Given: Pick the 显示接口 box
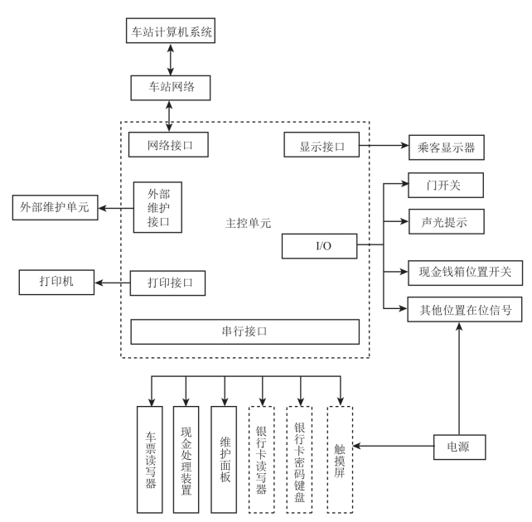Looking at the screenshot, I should point(321,145).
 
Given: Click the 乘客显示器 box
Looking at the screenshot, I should point(445,148).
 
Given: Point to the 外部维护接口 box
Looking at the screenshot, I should point(157,206).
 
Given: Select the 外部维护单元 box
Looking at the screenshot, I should point(55,206).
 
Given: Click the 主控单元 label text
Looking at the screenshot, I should point(248,223).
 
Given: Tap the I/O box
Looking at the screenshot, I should point(320,245).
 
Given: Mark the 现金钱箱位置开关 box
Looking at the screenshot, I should point(465,271).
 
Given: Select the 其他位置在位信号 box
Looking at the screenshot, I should point(465,311).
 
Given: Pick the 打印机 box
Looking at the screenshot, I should point(57,282).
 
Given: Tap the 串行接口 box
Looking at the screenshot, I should point(244,331).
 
